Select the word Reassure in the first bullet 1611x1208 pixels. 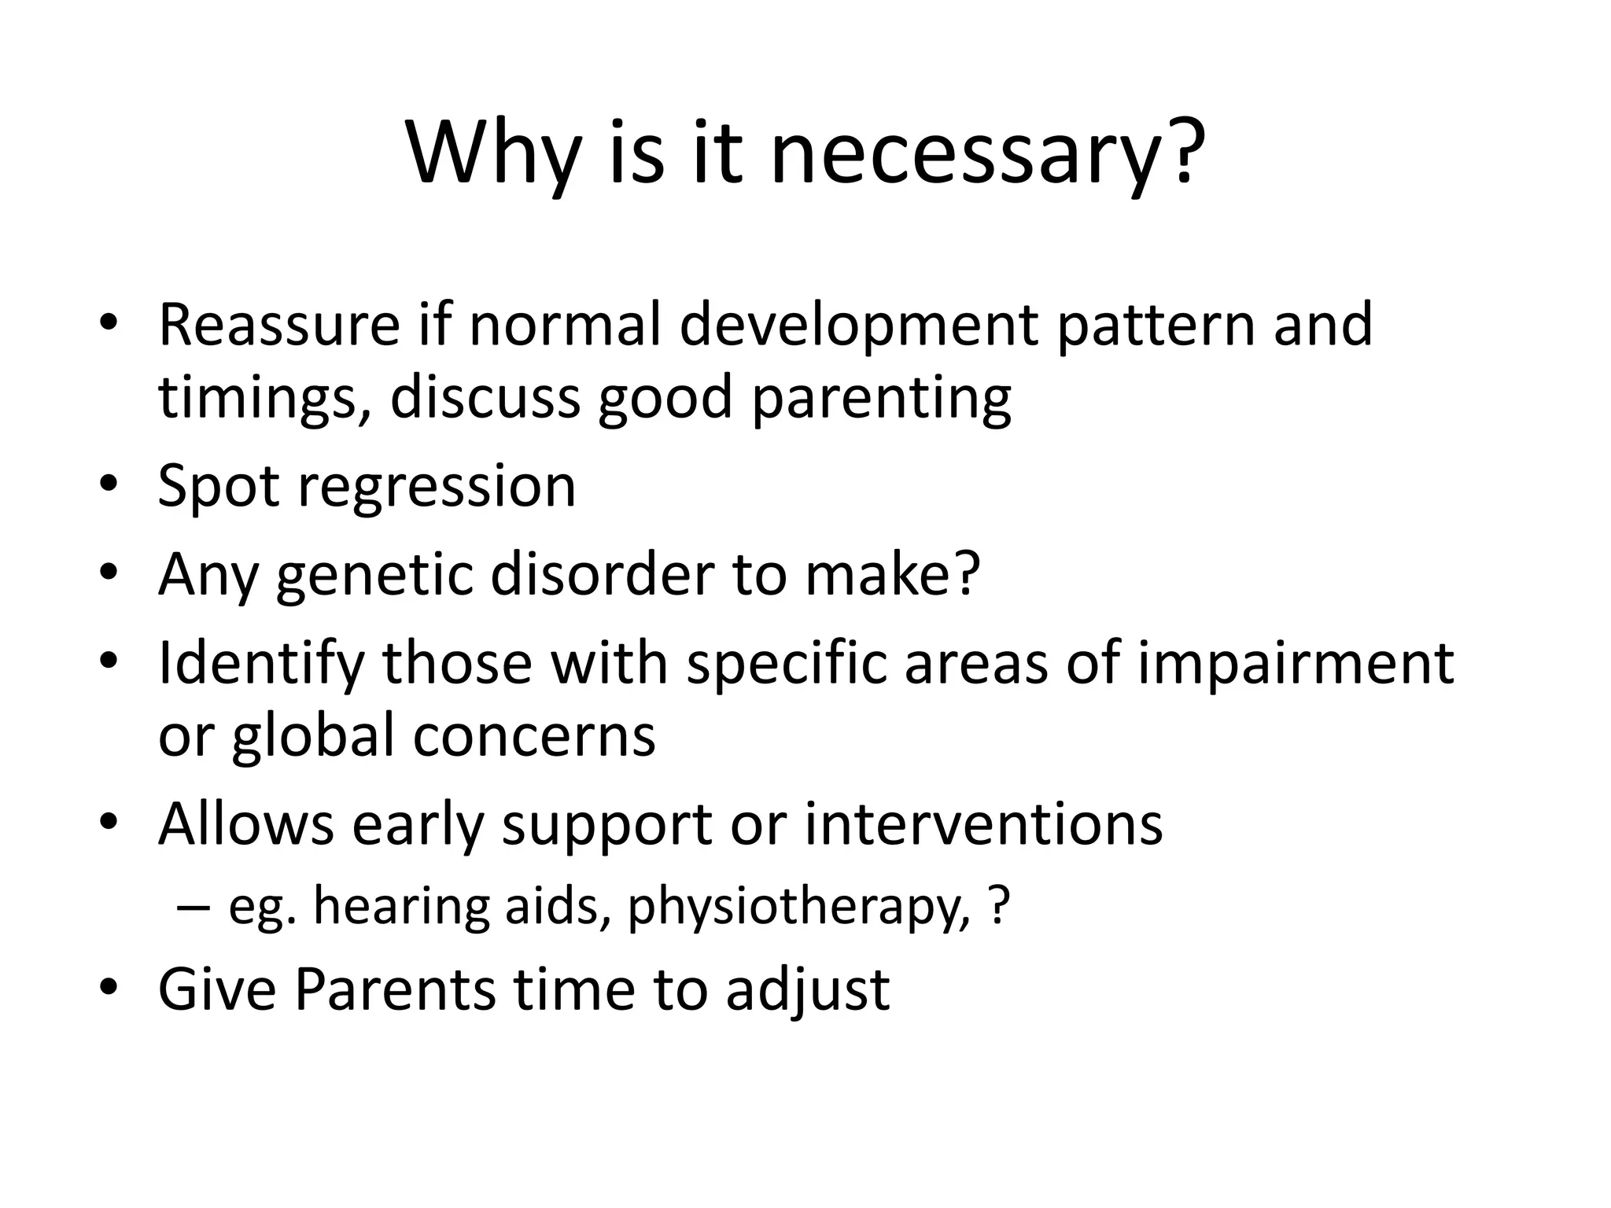pos(279,324)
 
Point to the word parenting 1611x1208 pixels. pos(881,399)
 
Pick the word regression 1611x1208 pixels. pos(437,486)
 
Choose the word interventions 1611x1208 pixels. pos(982,824)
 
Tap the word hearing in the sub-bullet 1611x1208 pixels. pos(400,908)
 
